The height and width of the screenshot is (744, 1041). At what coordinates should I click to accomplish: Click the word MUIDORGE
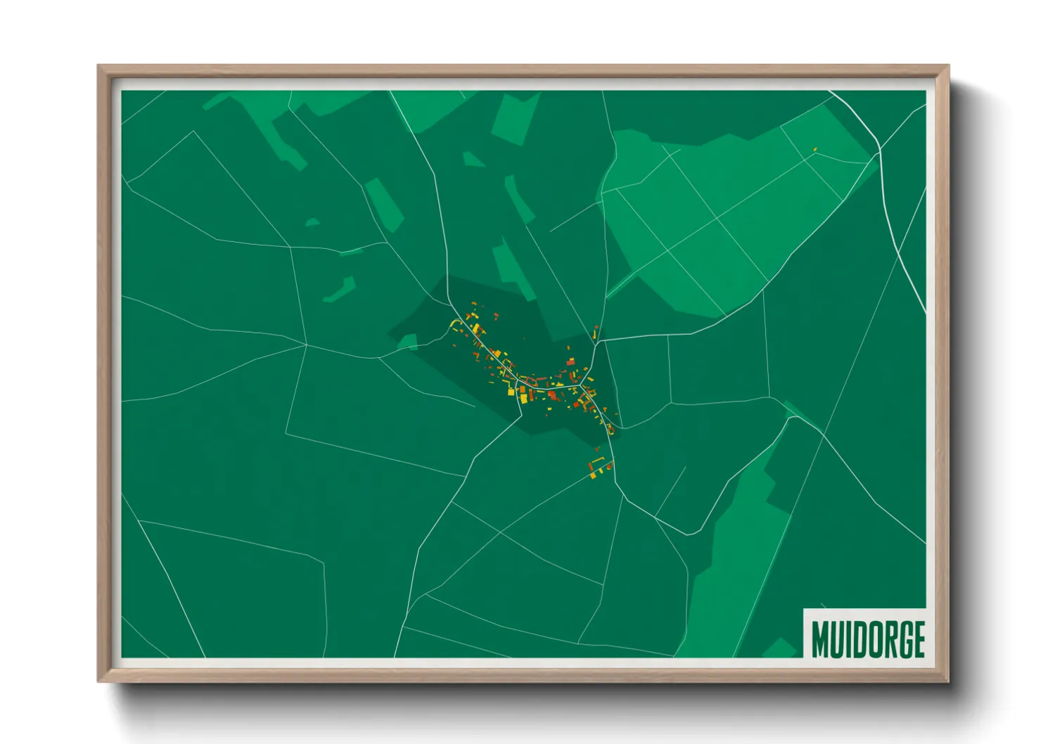pos(867,639)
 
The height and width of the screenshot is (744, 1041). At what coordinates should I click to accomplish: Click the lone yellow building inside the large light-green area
pos(815,149)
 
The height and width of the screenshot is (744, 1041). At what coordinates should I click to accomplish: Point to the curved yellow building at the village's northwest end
pos(456,324)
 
